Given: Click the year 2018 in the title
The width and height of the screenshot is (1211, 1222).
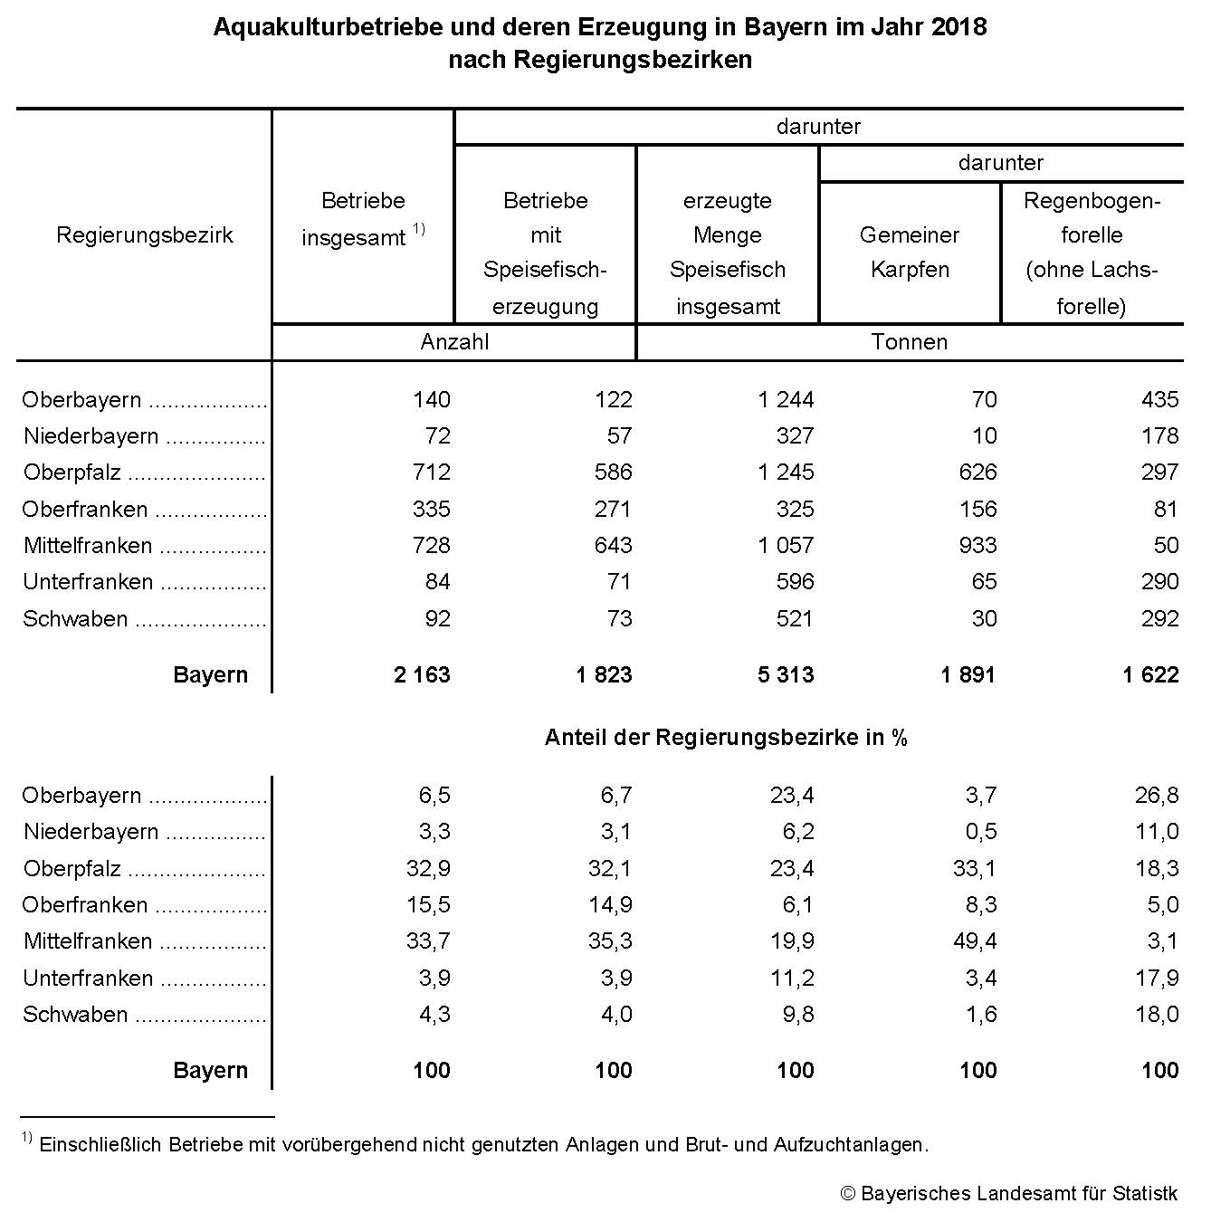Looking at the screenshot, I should [x=958, y=27].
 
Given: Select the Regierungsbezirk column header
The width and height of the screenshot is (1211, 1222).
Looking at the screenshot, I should [x=145, y=235].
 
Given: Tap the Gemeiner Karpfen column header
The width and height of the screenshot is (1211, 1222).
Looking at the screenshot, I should [x=910, y=253].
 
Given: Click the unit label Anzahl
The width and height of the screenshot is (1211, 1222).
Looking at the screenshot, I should [x=454, y=342].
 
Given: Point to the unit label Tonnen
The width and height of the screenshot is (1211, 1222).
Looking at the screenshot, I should [x=910, y=342].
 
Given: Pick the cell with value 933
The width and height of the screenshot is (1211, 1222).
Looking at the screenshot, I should [x=977, y=546].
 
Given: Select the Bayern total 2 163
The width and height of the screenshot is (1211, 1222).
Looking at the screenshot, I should [x=422, y=675].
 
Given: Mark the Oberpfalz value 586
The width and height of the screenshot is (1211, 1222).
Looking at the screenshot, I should [x=613, y=473].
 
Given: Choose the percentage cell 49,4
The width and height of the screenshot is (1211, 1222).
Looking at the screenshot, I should [x=975, y=941].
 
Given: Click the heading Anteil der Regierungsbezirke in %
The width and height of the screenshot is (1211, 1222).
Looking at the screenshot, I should [x=726, y=738].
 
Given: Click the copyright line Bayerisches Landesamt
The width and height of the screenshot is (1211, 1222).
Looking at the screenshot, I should [x=1009, y=1194].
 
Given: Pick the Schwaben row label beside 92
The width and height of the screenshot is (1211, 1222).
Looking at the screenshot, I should [x=75, y=619].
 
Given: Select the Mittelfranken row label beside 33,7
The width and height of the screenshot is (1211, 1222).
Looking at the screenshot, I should [x=88, y=941].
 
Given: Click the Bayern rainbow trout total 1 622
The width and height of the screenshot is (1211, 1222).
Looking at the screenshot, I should [x=1150, y=675].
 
